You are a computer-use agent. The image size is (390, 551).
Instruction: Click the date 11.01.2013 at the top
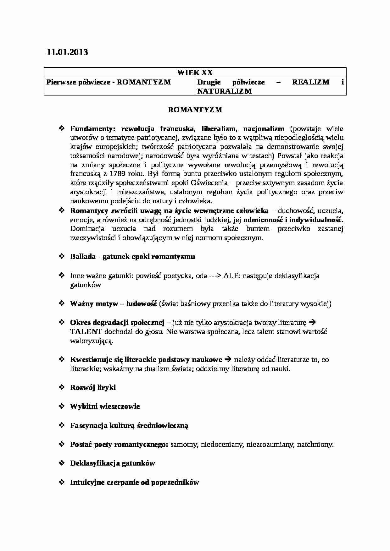coord(67,52)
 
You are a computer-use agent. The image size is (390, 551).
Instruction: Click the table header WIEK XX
coord(195,73)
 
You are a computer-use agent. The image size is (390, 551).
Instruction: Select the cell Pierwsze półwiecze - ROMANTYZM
coord(109,82)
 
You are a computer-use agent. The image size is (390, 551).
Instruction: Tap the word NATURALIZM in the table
coord(225,91)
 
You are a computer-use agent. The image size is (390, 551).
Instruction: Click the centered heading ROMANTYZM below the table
coord(195,110)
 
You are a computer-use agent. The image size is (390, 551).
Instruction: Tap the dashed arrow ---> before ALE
coord(215,276)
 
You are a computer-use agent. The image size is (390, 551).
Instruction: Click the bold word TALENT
coord(86,331)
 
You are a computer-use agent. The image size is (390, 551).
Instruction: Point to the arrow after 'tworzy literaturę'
coord(312,323)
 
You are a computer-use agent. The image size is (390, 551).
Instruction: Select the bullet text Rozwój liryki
coord(93,388)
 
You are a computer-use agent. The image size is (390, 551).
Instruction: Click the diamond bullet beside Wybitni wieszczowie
coord(62,406)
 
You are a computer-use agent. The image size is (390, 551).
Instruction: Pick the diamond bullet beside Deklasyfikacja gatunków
coord(62,463)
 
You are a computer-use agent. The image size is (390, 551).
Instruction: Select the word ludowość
coord(141,304)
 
